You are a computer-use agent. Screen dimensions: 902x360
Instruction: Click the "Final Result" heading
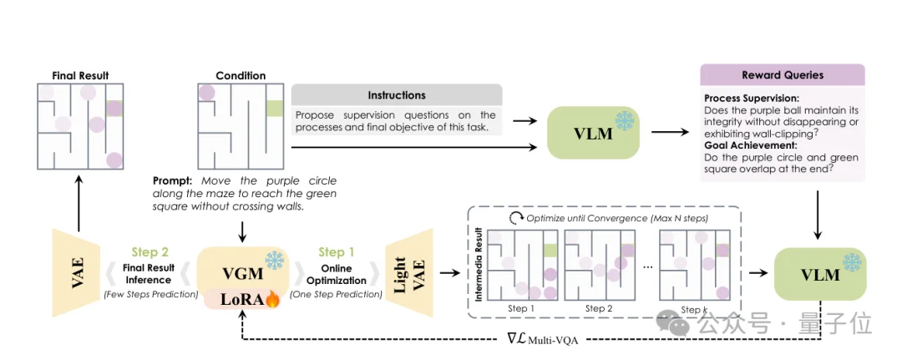[80, 75]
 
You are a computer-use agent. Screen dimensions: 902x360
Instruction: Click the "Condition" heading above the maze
[241, 75]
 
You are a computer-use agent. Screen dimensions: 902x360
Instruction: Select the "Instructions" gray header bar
[397, 95]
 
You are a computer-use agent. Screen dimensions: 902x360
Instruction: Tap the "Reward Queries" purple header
[782, 75]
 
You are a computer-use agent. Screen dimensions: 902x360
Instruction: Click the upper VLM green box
[593, 133]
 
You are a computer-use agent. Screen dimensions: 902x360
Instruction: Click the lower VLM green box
[820, 274]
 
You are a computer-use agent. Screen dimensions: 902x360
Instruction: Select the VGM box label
[240, 273]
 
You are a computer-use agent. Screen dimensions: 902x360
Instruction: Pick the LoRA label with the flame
[241, 299]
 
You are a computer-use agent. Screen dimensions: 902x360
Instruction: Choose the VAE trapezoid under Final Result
[76, 273]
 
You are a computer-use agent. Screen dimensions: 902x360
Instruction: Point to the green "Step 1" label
[337, 251]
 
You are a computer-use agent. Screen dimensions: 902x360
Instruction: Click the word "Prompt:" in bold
[174, 181]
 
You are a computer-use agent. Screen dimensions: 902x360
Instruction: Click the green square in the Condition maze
[276, 109]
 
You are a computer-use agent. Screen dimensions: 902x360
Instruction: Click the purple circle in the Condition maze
[206, 93]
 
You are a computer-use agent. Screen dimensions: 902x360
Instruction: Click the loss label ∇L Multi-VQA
[543, 339]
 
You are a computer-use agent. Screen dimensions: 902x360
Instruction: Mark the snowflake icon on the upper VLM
[624, 120]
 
